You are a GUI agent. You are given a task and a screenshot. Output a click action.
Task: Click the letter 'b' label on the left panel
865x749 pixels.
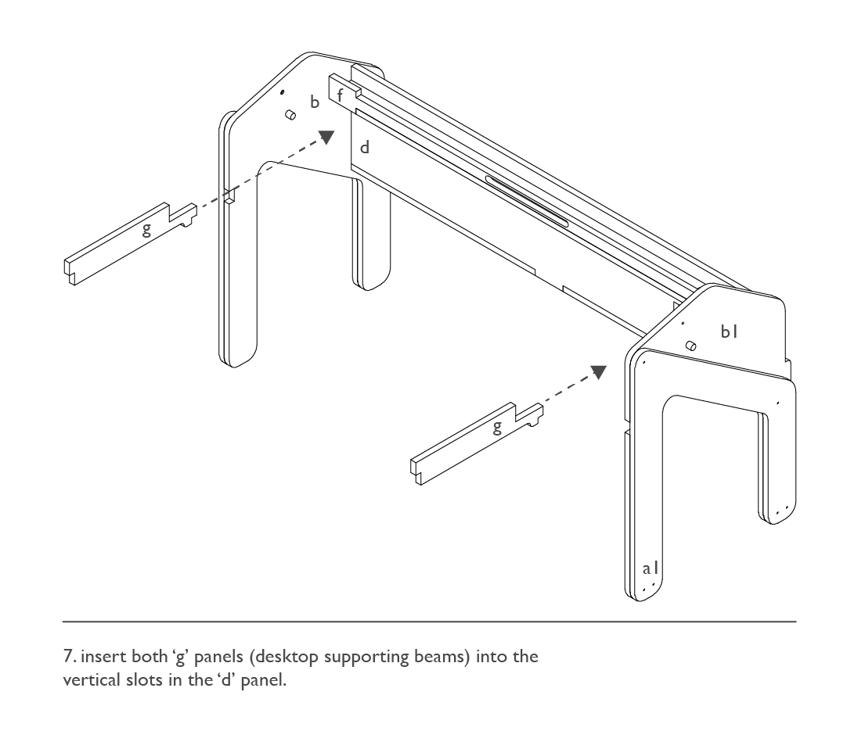pyautogui.click(x=315, y=102)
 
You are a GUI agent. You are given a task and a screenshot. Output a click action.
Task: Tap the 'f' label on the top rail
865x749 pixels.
pyautogui.click(x=340, y=95)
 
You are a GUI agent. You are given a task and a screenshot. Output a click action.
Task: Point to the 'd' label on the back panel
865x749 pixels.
pyautogui.click(x=365, y=147)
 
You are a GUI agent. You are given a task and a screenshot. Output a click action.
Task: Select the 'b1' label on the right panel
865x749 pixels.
pyautogui.click(x=729, y=331)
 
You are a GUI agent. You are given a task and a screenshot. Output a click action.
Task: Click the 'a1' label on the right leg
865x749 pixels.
pyautogui.click(x=651, y=568)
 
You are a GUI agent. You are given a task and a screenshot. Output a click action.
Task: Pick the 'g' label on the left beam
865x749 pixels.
pyautogui.click(x=146, y=229)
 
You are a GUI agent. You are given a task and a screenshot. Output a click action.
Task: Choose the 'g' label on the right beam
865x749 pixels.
pyautogui.click(x=497, y=427)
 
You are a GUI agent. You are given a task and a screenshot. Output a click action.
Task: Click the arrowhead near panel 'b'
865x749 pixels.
pyautogui.click(x=327, y=138)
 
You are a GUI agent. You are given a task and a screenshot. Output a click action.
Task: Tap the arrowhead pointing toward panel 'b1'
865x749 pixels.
pyautogui.click(x=599, y=372)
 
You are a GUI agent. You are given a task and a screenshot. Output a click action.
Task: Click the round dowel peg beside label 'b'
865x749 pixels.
pyautogui.click(x=290, y=115)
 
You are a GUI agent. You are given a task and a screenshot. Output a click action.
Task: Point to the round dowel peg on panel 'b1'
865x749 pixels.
pyautogui.click(x=690, y=346)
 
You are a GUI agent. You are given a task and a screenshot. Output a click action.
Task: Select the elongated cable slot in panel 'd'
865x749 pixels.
pyautogui.click(x=527, y=201)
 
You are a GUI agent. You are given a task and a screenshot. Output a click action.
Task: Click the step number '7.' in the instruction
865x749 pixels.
pyautogui.click(x=70, y=657)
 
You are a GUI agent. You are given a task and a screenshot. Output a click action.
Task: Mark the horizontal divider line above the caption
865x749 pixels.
pyautogui.click(x=429, y=622)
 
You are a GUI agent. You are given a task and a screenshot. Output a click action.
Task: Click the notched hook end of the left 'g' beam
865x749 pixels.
pyautogui.click(x=184, y=215)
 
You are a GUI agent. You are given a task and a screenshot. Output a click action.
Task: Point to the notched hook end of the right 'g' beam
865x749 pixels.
pyautogui.click(x=530, y=414)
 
